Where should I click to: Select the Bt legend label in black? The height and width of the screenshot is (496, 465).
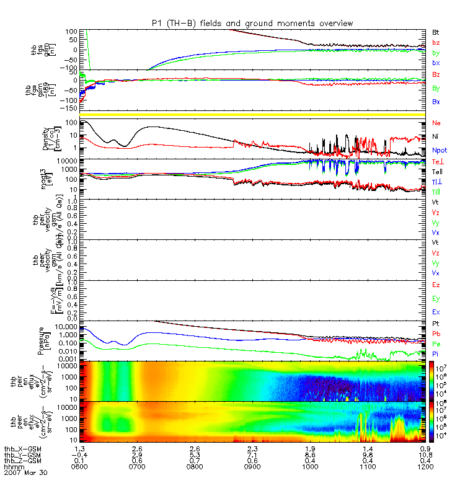coord(436,31)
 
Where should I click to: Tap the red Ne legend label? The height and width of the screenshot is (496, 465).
coord(436,123)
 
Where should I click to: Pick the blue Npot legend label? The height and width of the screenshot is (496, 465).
coord(439,151)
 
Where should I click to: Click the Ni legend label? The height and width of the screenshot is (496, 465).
coord(436,136)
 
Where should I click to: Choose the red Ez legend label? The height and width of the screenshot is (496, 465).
coord(436,285)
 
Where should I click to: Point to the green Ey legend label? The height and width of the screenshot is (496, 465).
coord(436,299)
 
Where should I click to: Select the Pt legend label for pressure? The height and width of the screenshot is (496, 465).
coord(436,324)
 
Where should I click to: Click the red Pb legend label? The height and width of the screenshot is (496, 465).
coord(436,334)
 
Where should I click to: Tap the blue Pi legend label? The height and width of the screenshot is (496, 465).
coord(436,353)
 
